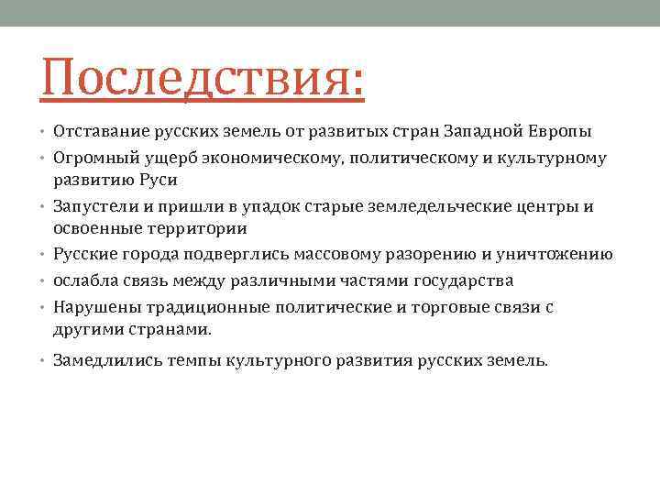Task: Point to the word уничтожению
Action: pos(559,254)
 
